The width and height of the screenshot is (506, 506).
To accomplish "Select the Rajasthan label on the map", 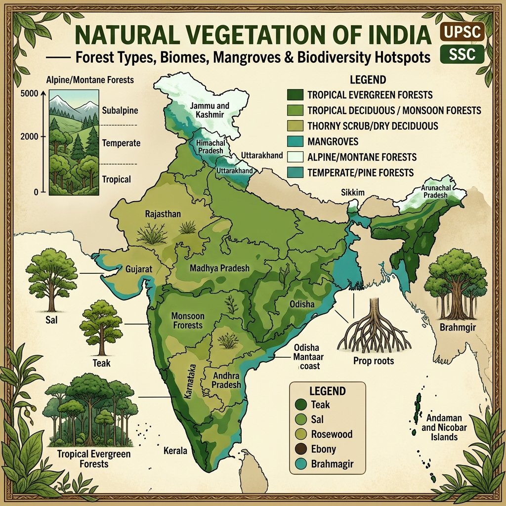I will (x=163, y=214).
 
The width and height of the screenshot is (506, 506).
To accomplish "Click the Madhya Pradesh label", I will (x=219, y=268).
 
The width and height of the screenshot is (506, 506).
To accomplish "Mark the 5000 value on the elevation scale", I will (x=30, y=93).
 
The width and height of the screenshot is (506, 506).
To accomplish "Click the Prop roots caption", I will (x=374, y=361).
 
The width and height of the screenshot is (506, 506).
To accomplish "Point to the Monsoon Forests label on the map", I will (x=187, y=320).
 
